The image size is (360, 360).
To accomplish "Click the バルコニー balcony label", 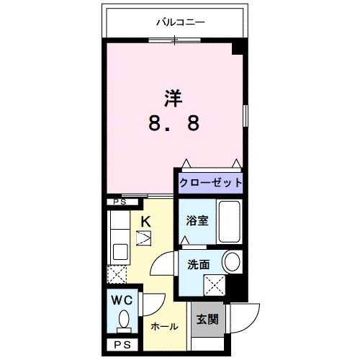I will point(181,22).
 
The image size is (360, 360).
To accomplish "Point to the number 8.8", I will point(174,123).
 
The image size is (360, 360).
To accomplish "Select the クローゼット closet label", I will point(211,182).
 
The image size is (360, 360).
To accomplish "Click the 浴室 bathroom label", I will point(197,221).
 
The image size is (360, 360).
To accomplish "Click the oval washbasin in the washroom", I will point(232,262).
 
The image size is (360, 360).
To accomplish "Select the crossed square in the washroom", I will point(213,286).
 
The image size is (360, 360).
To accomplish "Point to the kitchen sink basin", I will point(120,253).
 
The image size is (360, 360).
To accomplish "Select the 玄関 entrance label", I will point(207,318).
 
